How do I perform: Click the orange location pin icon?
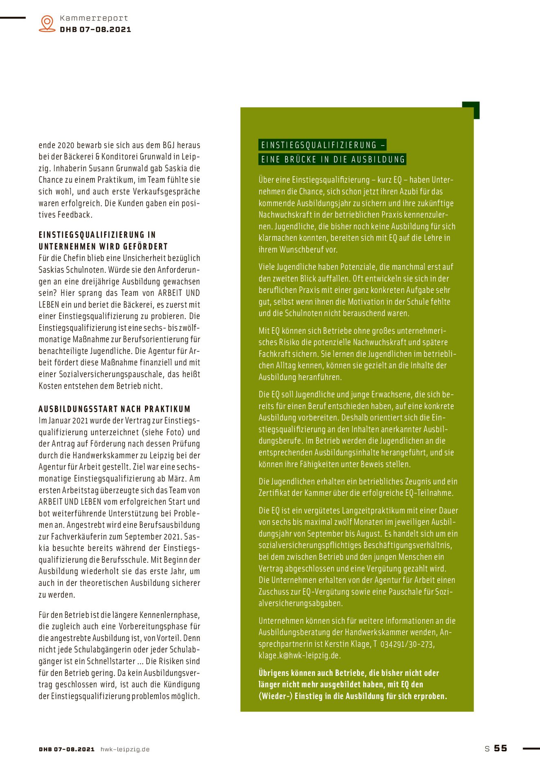coord(47,23)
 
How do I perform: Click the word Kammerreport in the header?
coord(94,18)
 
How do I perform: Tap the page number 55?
coord(500,748)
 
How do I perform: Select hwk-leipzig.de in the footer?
coord(125,749)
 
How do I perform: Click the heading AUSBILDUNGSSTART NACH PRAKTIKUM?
coord(114,409)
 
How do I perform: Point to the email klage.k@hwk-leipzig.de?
coord(299,656)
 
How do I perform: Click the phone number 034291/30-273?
coord(407,644)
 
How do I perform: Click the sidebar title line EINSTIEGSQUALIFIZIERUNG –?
coord(322,145)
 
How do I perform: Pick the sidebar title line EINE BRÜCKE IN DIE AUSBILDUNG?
coord(333,160)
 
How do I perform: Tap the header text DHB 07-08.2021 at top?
coord(95,30)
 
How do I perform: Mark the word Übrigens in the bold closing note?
coord(273,673)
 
